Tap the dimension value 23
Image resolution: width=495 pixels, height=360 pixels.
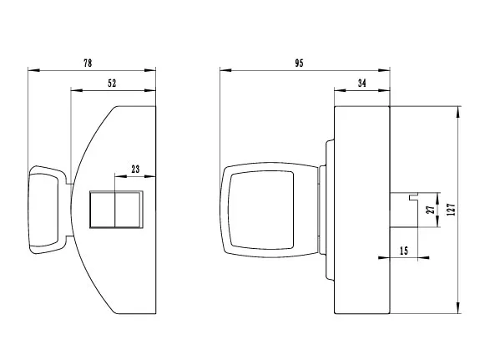134,168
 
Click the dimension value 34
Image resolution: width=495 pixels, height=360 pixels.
361,82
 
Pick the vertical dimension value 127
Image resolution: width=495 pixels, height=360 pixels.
451,210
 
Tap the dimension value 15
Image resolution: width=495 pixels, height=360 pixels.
404,251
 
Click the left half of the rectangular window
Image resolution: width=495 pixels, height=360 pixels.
101,210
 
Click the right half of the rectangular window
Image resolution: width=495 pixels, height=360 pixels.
129,210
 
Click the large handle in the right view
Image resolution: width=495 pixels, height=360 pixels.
260,208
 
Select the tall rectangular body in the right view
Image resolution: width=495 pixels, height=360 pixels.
361,210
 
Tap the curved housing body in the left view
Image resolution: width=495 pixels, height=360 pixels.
125,267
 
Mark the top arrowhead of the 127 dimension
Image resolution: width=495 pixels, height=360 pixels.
459,110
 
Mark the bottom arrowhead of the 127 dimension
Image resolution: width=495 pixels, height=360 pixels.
459,310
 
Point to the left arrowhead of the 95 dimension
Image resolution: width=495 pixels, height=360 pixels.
223,69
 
